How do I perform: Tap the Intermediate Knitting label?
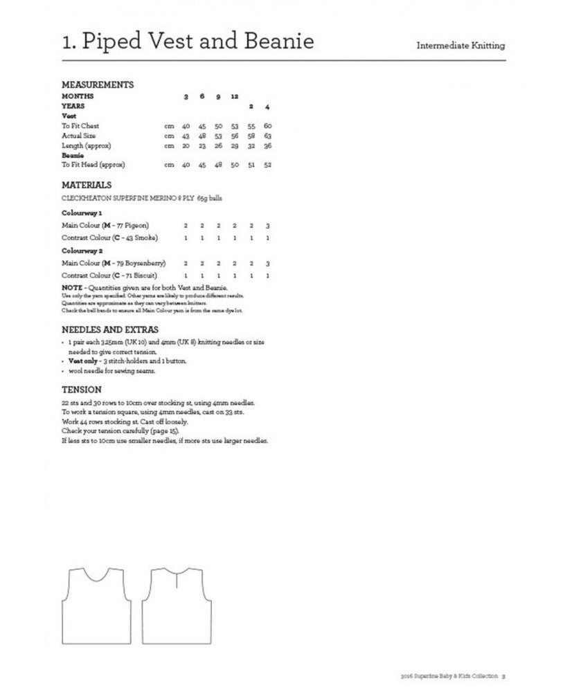[x=461, y=46]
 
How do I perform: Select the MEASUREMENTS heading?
[x=98, y=84]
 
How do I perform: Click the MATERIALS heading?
[x=87, y=185]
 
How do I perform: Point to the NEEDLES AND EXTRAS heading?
[x=110, y=329]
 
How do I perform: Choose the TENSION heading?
[x=82, y=390]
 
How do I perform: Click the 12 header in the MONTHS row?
[x=234, y=96]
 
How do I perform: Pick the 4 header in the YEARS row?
[x=268, y=107]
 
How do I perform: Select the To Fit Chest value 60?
[x=267, y=126]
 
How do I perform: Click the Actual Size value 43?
[x=186, y=136]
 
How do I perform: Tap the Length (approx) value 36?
[x=267, y=145]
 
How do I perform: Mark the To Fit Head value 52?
[x=267, y=165]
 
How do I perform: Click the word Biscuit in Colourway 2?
[x=143, y=275]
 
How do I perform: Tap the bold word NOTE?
[x=71, y=287]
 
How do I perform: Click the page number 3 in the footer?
[x=503, y=676]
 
